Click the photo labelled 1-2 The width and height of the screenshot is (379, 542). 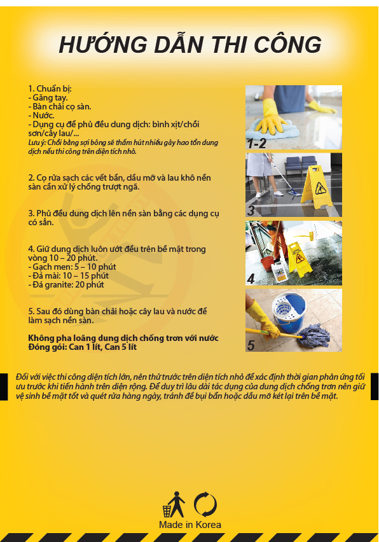tap(294, 118)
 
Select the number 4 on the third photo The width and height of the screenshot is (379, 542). tap(251, 278)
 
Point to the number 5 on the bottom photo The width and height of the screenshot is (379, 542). tap(251, 345)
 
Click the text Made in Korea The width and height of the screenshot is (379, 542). tap(190, 525)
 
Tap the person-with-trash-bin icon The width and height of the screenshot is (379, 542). tap(174, 504)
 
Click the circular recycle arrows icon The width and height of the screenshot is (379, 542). tap(205, 504)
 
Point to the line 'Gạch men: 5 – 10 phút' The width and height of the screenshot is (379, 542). tap(63, 267)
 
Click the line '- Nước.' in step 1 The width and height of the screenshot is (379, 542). tap(42, 115)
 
